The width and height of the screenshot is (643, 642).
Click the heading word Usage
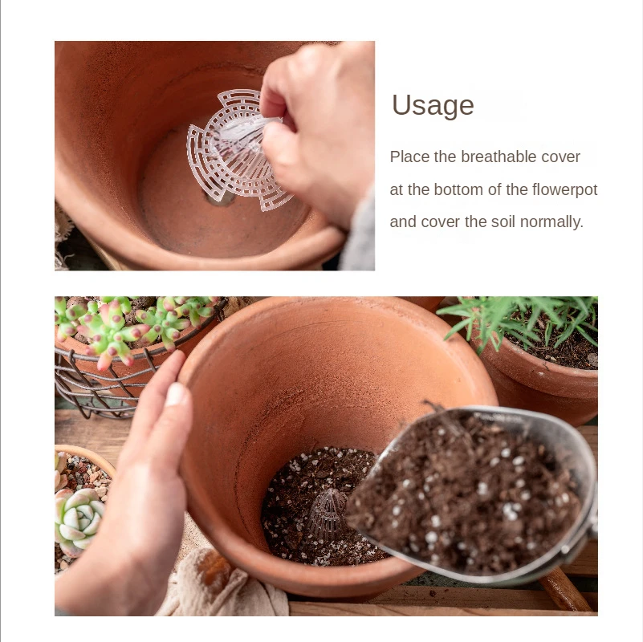433,106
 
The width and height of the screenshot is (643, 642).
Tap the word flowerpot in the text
564,190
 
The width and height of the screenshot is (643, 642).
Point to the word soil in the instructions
503,221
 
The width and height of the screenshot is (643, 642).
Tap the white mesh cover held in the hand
238,150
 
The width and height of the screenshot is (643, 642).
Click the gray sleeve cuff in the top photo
360,233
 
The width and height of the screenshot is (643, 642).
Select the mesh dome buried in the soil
326,510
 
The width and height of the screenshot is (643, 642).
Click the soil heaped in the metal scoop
463,492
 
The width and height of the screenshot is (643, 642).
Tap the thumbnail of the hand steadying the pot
177,394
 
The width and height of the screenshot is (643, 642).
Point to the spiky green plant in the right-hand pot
521,319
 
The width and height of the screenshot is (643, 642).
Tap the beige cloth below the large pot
222,587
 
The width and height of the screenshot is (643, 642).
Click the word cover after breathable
560,156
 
